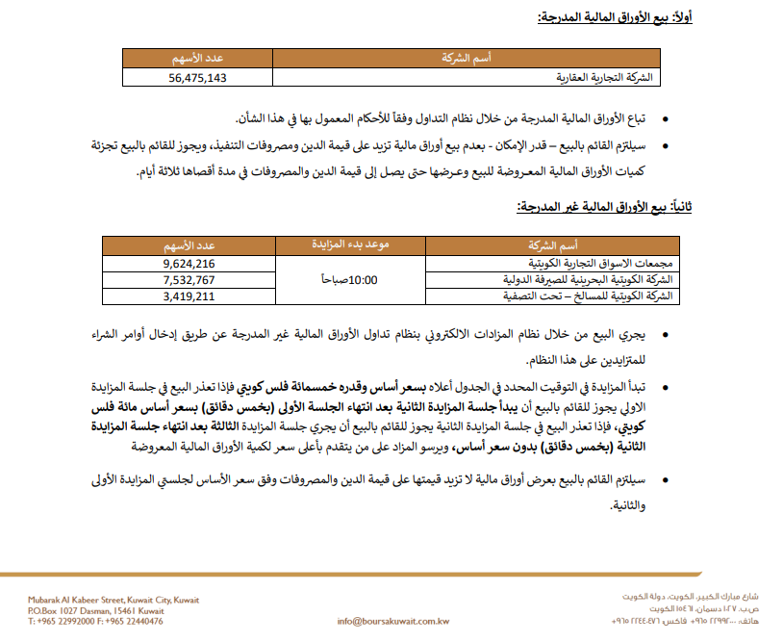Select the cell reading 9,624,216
[189, 263]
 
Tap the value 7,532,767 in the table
[189, 280]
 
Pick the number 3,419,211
[189, 296]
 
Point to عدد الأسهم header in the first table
[198, 59]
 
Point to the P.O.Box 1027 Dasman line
[96, 610]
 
